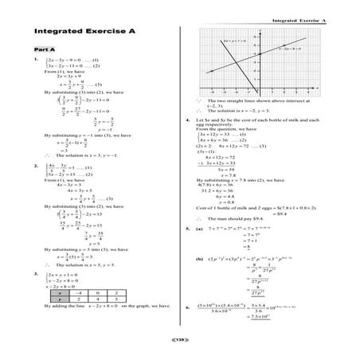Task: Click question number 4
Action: click(186, 121)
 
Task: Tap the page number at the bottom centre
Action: click(179, 339)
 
